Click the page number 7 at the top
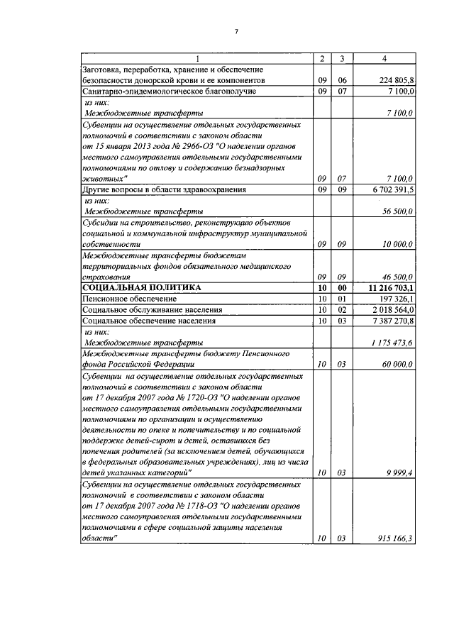tap(237, 32)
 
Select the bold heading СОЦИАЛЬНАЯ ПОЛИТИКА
tap(142, 287)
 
